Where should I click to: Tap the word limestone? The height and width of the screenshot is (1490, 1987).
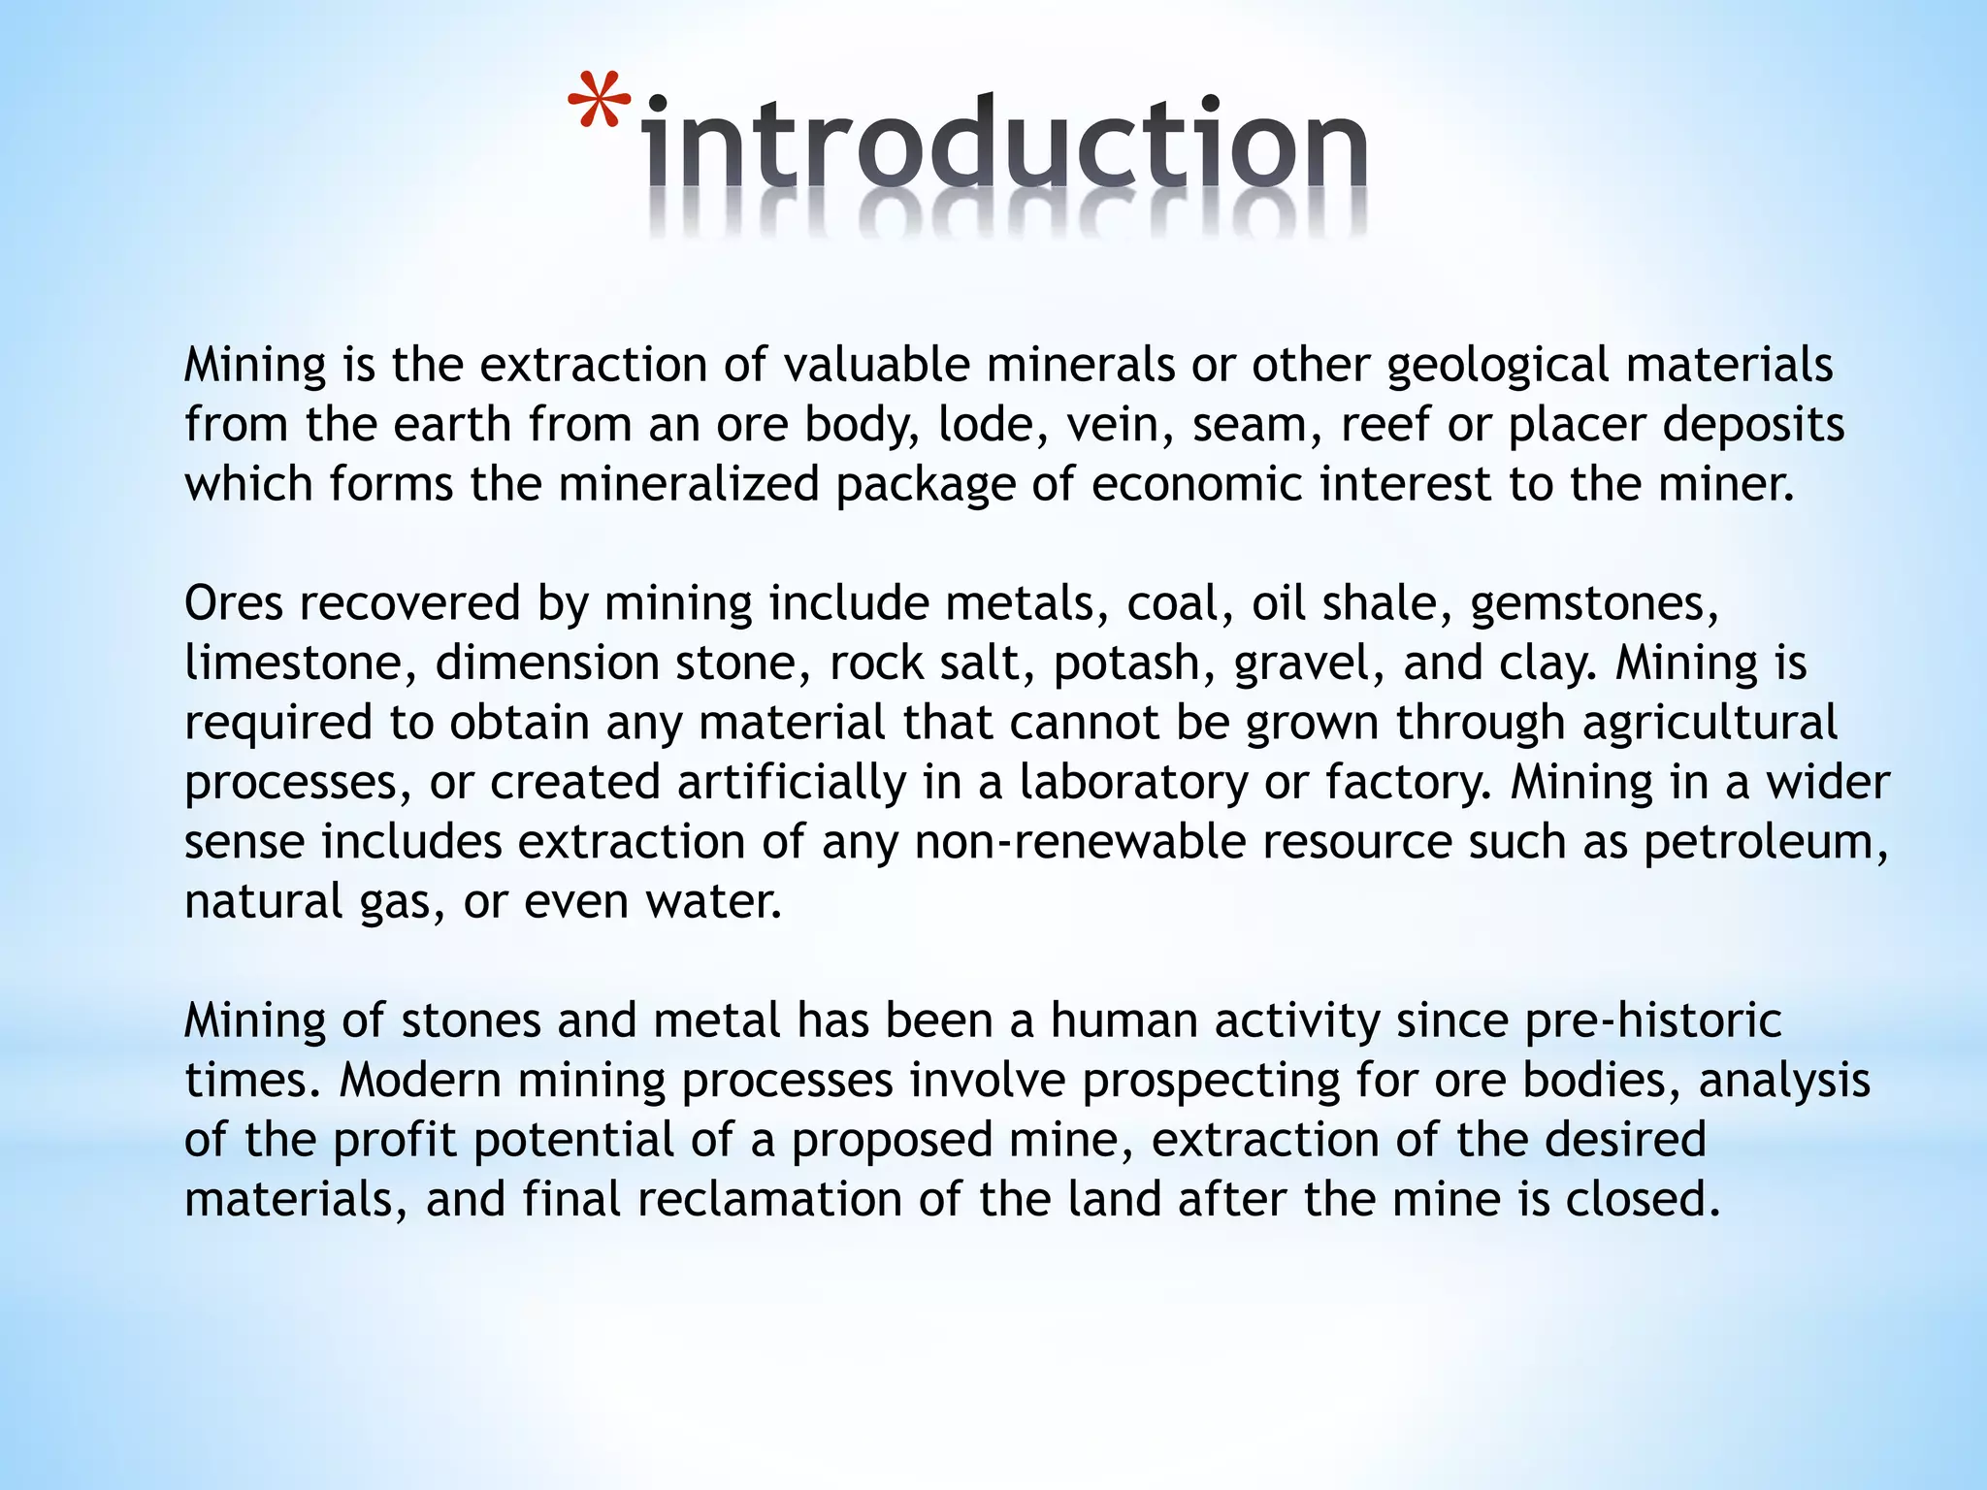click(300, 664)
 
